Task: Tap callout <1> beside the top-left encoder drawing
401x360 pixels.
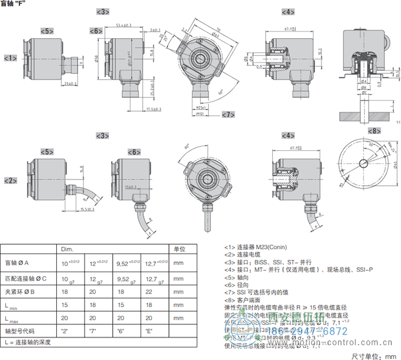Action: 10,58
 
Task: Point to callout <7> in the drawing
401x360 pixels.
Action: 228,114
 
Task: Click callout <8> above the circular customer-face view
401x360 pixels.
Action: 374,131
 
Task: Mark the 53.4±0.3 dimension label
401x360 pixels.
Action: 124,25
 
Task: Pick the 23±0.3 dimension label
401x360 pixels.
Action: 71,84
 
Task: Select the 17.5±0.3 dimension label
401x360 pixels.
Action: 153,108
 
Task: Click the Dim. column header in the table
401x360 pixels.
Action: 68,249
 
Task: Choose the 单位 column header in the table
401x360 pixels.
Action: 179,249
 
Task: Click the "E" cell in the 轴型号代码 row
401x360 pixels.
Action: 145,331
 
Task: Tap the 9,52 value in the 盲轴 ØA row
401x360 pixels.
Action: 120,264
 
